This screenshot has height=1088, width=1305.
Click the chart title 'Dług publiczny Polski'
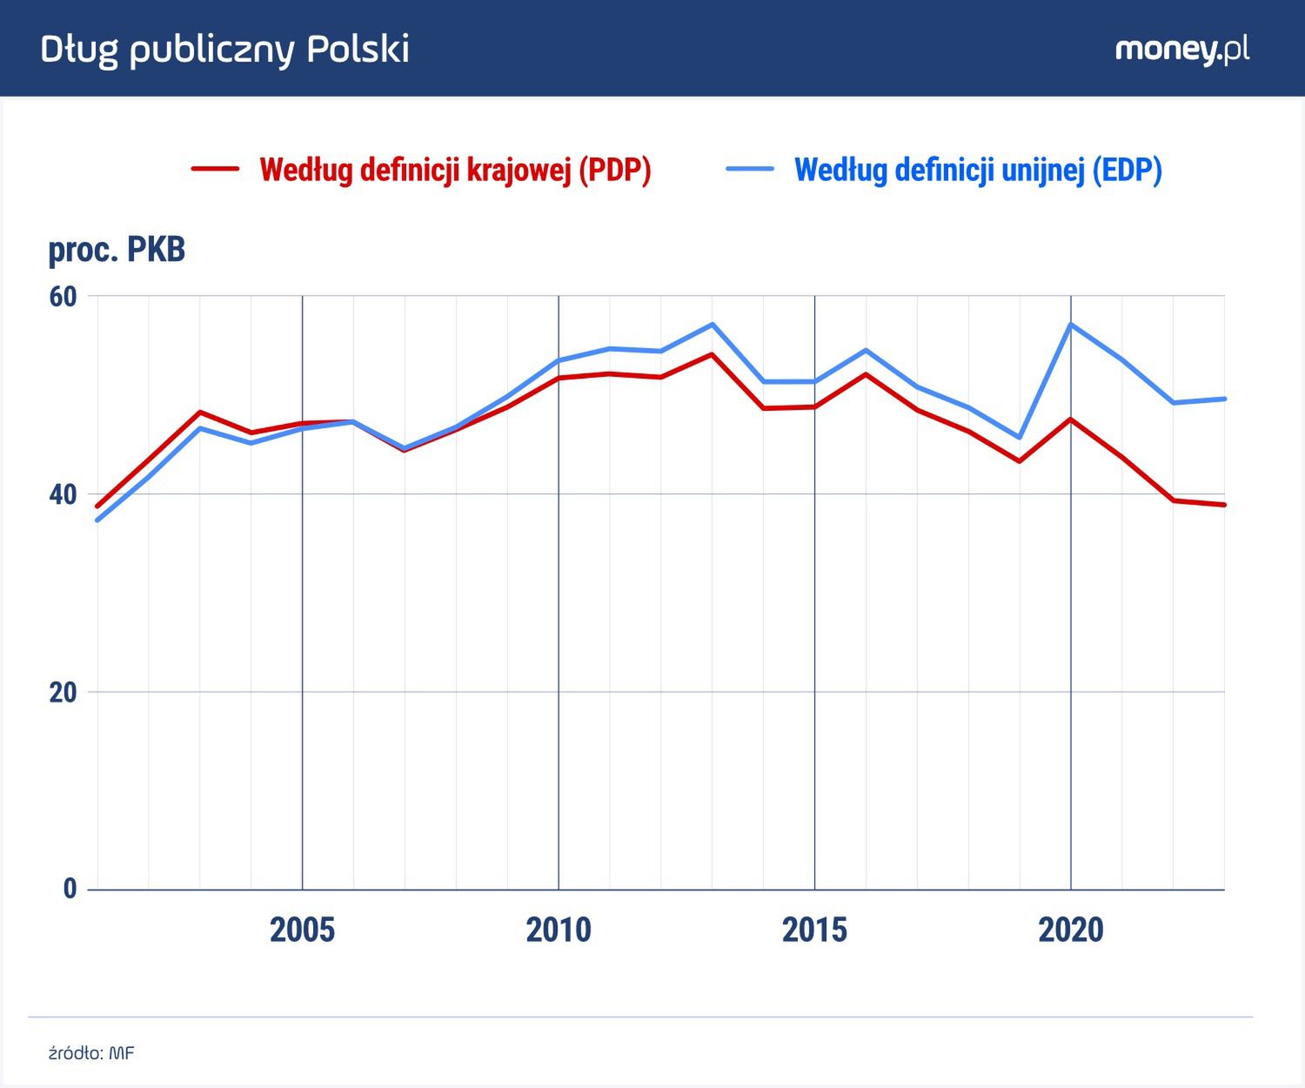pos(224,50)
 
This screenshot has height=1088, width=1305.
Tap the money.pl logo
pos(1181,50)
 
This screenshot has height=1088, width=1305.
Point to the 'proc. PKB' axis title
pos(117,250)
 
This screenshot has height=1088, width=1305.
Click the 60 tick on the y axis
pos(64,297)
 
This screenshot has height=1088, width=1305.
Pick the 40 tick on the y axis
pos(64,494)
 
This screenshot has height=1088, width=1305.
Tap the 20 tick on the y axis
pos(64,693)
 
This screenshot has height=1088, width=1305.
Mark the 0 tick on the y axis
pos(70,889)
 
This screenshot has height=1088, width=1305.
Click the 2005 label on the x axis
pos(302,930)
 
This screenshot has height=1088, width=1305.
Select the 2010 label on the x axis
pos(559,930)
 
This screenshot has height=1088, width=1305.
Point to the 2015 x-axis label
pos(814,930)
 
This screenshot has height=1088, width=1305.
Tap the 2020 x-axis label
pos(1071,930)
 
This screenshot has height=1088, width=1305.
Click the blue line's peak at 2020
pos(1071,325)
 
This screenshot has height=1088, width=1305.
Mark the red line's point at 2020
pos(1071,420)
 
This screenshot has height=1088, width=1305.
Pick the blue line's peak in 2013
pos(713,325)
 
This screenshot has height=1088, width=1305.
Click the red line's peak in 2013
pos(713,354)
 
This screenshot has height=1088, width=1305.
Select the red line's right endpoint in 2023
pos(1224,505)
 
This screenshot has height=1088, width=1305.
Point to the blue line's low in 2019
pos(1020,437)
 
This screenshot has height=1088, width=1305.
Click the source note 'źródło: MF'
pos(91,1053)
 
